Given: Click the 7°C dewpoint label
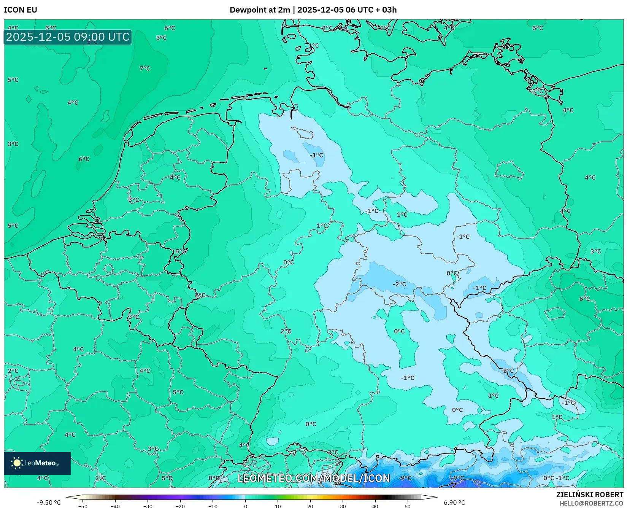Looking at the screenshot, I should point(145,68).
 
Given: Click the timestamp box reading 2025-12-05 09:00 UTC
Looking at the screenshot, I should point(68,37).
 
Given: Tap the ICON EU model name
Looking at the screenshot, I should point(21,10).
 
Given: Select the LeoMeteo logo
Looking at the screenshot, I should point(37,463).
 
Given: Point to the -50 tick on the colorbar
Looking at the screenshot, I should point(83,506).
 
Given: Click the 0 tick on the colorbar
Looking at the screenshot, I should point(245,506).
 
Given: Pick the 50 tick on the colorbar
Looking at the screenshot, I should point(408,506).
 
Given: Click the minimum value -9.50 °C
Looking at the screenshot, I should point(49,503).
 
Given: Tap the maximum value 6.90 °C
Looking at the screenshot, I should point(454,503).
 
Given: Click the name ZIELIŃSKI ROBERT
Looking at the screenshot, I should point(590,495).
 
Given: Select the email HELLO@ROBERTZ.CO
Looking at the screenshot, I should point(591,503).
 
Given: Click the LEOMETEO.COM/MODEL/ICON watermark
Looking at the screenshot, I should point(314,478).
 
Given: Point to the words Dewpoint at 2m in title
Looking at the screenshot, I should point(260,10).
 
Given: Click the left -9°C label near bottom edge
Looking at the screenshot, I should point(405,478).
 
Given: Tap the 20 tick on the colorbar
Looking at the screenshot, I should point(310,506).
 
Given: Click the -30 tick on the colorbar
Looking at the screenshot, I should point(148,506).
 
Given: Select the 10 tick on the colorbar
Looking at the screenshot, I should point(278,506).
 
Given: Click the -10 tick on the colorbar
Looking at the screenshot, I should point(213,506).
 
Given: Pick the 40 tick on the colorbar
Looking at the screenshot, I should point(375,506).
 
